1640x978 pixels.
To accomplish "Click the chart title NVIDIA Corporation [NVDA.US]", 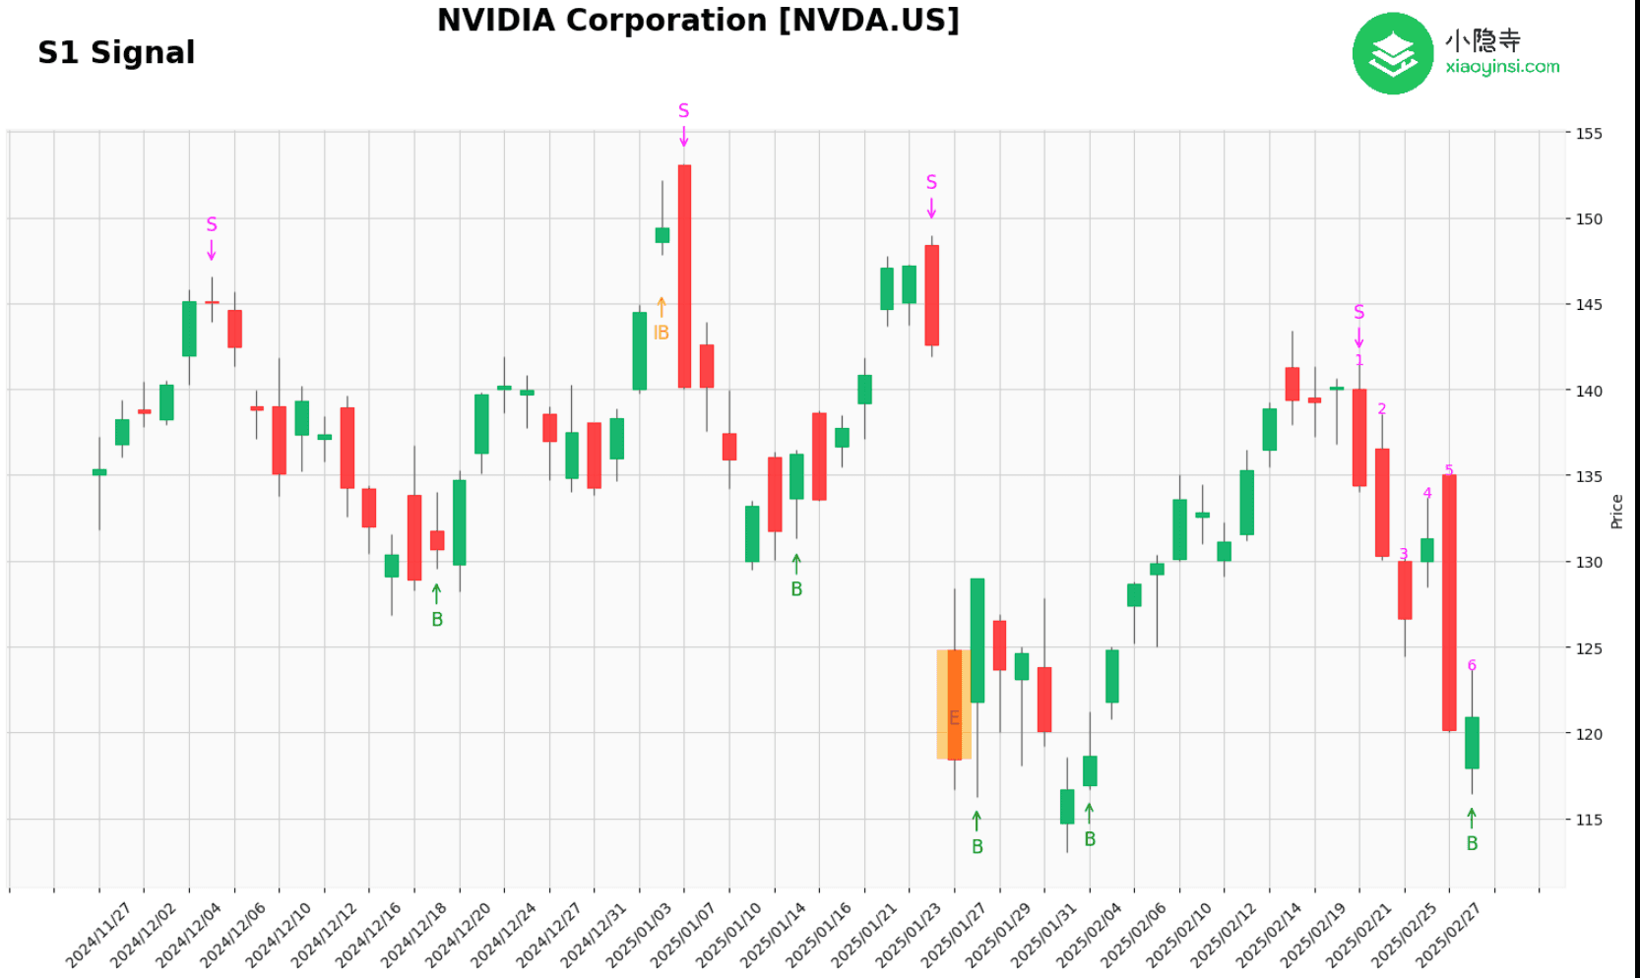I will click(x=698, y=21).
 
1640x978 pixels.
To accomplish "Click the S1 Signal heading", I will click(x=116, y=52).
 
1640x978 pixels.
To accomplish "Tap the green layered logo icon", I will click(x=1392, y=54).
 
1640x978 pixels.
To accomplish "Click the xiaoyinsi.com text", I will click(x=1502, y=67).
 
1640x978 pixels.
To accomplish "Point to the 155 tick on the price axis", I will click(x=1589, y=134).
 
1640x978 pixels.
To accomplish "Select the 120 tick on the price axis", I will click(x=1589, y=734).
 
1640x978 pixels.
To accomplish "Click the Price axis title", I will click(x=1616, y=512).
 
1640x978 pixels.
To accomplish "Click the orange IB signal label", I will click(x=662, y=334).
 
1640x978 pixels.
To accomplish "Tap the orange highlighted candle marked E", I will click(x=954, y=704).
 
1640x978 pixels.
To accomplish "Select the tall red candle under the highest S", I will click(x=684, y=275).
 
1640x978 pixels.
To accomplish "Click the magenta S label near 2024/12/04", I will click(x=212, y=225).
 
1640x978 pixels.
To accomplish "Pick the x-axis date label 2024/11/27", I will click(x=98, y=936).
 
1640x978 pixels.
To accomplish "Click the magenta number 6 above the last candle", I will click(x=1472, y=666).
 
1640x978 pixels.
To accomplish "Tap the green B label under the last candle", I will click(x=1472, y=843).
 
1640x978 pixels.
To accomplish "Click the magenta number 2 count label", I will click(x=1382, y=409).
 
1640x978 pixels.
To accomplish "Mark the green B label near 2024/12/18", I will click(x=437, y=620).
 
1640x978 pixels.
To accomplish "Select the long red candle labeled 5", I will click(x=1449, y=602).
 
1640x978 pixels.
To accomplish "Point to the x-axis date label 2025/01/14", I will click(x=773, y=936).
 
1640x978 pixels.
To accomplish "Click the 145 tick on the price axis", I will click(x=1589, y=305).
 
